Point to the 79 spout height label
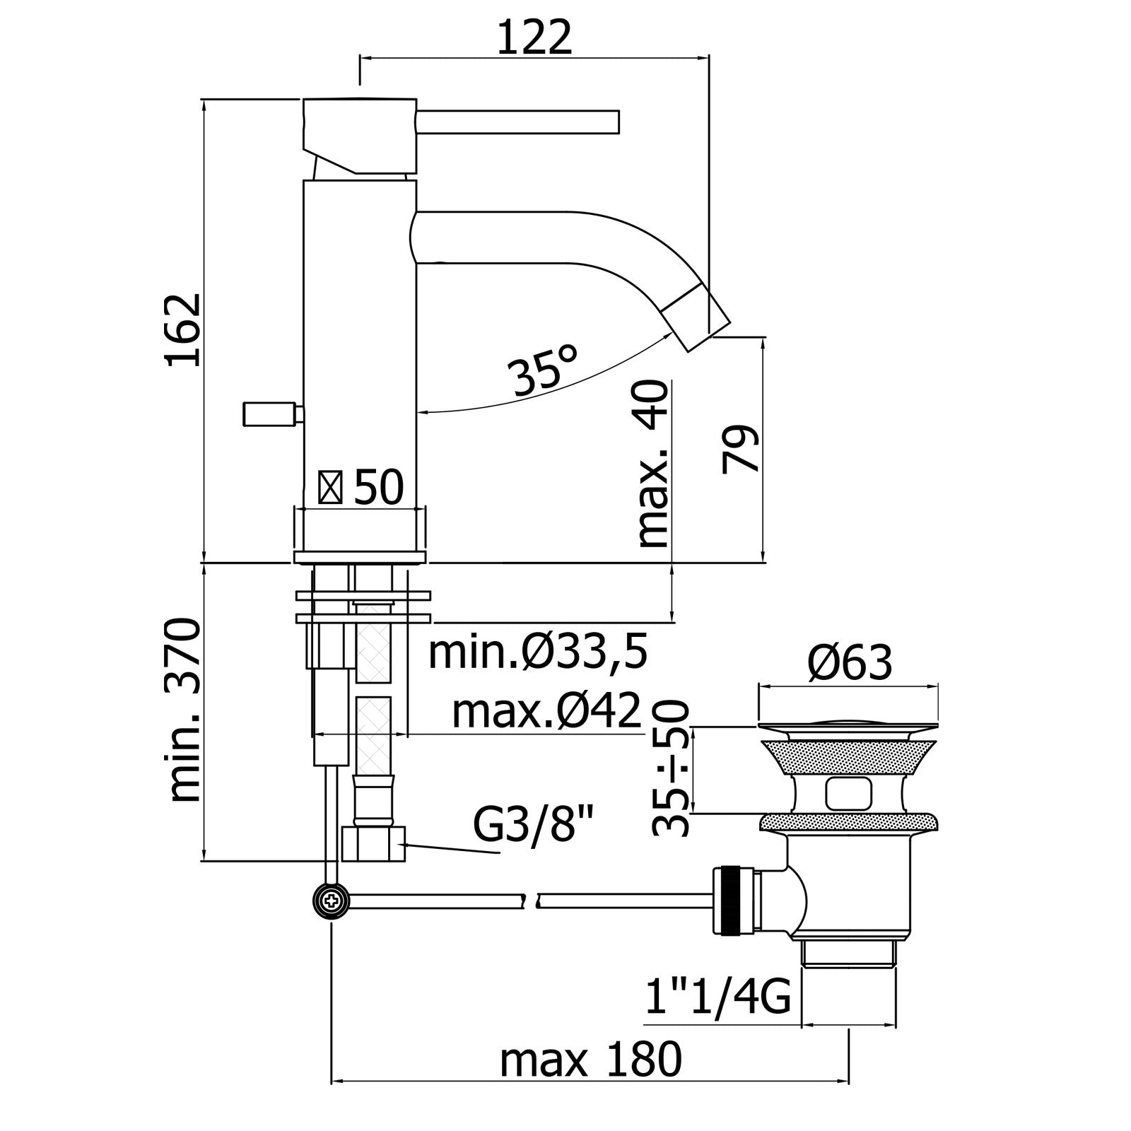(x=741, y=448)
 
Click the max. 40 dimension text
(x=652, y=464)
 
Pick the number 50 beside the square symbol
(x=378, y=487)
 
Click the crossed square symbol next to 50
(x=331, y=488)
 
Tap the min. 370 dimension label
(x=185, y=710)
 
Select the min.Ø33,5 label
(x=538, y=653)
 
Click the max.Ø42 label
(x=546, y=711)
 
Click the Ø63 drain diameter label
(x=850, y=663)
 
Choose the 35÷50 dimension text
(x=671, y=768)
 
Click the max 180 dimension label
(x=591, y=1059)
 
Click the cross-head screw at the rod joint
(x=331, y=901)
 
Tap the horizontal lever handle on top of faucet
(x=517, y=121)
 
